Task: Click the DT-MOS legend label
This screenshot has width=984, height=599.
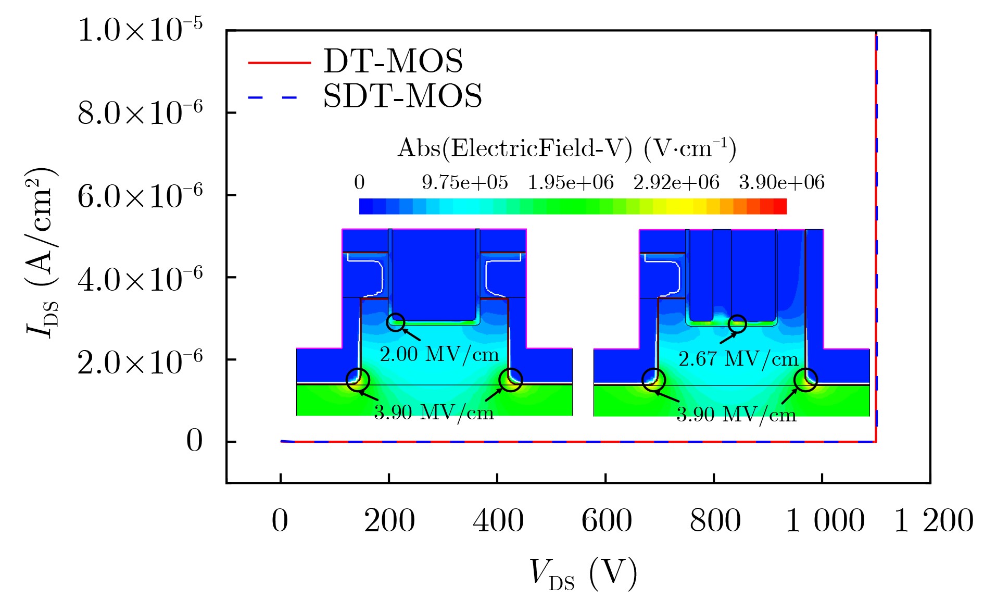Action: click(x=393, y=61)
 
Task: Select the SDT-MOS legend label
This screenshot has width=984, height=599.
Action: click(x=402, y=96)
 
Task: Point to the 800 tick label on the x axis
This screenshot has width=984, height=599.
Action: click(x=715, y=520)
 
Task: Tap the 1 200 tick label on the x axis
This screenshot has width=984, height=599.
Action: click(x=933, y=520)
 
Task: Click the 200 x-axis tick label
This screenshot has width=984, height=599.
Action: click(x=389, y=520)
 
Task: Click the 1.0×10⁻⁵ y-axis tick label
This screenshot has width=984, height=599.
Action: click(x=140, y=30)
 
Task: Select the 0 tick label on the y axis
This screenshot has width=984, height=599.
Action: click(x=194, y=441)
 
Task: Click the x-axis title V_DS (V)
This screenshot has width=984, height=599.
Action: click(x=583, y=575)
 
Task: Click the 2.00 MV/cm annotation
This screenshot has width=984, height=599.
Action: click(x=439, y=355)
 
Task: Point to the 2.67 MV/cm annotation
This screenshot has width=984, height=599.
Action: click(x=738, y=359)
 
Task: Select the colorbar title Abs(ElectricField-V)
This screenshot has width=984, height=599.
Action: click(x=566, y=148)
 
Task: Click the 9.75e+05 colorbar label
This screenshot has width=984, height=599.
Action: click(x=464, y=183)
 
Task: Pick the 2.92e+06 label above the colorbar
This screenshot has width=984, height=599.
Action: click(x=676, y=183)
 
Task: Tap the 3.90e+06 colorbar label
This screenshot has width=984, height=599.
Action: click(x=781, y=183)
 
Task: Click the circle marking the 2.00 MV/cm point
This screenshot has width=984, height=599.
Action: click(x=396, y=322)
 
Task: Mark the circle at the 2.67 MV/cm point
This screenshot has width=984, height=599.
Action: click(x=737, y=324)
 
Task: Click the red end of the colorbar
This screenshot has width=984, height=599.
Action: click(x=779, y=206)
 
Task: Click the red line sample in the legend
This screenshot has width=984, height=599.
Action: click(x=279, y=63)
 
